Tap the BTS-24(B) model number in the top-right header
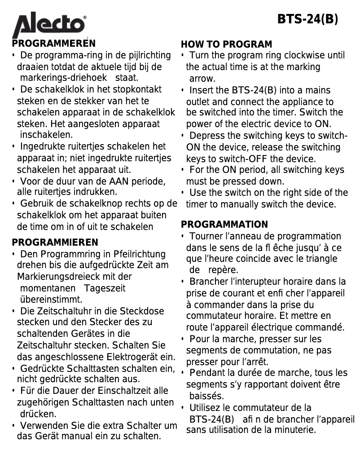click(x=307, y=19)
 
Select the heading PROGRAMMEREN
click(x=54, y=44)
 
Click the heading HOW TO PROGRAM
click(x=226, y=44)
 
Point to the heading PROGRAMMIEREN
click(x=55, y=243)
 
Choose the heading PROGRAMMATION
click(x=224, y=225)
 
